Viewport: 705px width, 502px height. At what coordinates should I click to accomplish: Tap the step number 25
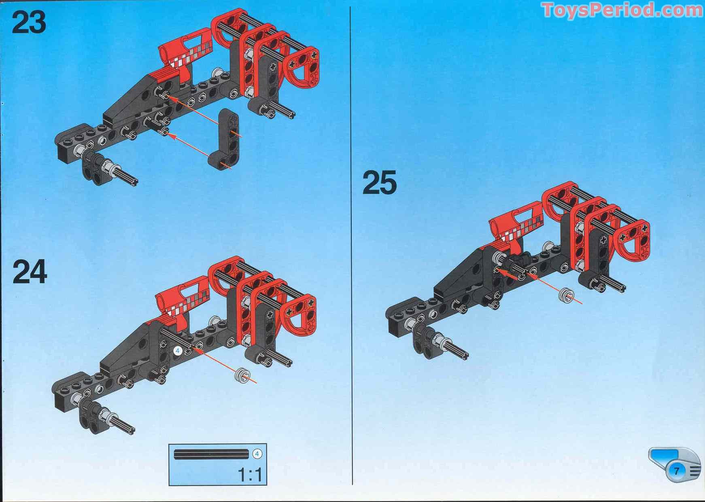379,182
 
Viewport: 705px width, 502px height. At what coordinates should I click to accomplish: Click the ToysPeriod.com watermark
622,10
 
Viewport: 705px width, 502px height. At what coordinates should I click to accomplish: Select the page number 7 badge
676,470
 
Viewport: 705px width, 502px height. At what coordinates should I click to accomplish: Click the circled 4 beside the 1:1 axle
257,454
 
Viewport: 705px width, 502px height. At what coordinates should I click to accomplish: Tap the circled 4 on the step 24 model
177,351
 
